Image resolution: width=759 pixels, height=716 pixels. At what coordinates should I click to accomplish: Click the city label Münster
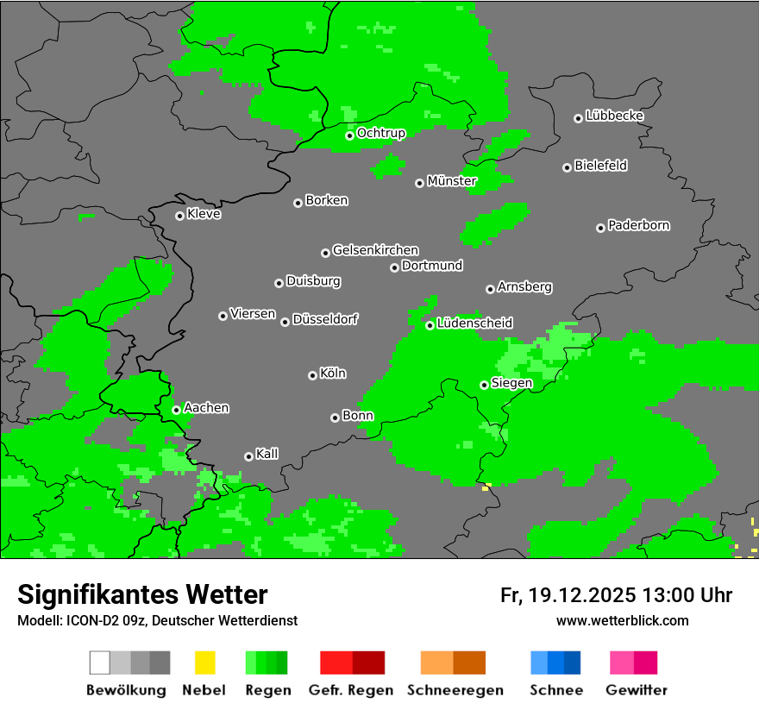(x=452, y=181)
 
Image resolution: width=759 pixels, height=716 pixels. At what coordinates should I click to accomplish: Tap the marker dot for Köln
(x=312, y=375)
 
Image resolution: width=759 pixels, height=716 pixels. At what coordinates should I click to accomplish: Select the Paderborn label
(x=638, y=225)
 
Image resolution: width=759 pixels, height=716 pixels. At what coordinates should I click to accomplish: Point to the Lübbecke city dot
(x=578, y=118)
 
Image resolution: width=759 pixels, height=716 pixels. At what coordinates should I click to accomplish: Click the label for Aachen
(x=206, y=407)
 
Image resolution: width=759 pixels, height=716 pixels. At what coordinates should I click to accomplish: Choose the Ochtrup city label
(x=380, y=133)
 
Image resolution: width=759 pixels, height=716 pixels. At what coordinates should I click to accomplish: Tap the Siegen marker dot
(x=484, y=385)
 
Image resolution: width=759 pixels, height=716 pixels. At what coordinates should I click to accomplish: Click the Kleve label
(x=204, y=214)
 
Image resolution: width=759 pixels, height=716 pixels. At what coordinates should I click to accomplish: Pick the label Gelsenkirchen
(x=375, y=250)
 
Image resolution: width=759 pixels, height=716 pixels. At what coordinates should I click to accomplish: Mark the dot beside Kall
(x=248, y=456)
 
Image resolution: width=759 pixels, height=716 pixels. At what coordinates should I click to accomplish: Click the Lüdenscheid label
(x=474, y=323)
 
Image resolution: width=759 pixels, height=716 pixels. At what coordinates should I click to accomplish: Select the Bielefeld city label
(x=600, y=166)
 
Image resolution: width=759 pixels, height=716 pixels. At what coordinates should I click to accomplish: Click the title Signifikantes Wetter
(x=142, y=594)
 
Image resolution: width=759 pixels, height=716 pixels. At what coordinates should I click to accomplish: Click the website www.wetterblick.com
(x=622, y=620)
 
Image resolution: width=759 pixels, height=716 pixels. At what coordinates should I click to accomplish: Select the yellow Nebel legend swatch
(x=205, y=663)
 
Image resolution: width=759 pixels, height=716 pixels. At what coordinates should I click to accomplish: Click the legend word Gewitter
(x=637, y=690)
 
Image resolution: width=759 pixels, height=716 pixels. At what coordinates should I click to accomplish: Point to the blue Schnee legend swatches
(x=555, y=663)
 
